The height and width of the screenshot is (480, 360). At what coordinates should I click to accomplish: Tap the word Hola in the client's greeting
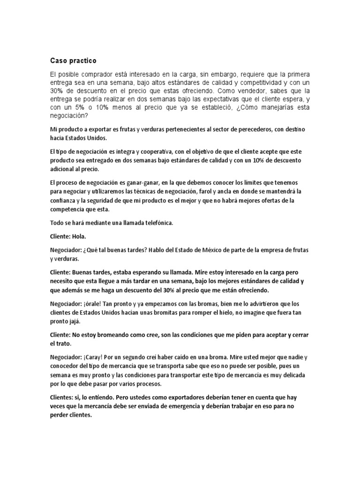coord(80,237)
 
